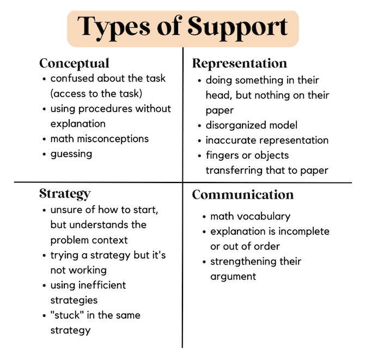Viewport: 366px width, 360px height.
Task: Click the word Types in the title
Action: pos(114,28)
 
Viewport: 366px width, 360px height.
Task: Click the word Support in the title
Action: pos(237,28)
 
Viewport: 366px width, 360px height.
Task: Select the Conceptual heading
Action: pos(74,64)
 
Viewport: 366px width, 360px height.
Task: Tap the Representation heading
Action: pos(240,63)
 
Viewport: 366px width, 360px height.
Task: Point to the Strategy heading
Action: pos(65,194)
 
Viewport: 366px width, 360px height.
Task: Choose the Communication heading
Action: pos(243,195)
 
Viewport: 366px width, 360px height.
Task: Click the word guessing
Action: pos(71,154)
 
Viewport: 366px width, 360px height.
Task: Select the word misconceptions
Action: pos(113,139)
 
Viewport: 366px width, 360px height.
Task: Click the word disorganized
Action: pos(236,125)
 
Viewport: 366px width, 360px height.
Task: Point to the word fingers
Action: pos(222,155)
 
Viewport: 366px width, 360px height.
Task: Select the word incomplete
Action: pos(304,232)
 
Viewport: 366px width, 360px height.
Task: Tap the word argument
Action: pos(233,277)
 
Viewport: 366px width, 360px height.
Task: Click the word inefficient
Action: pos(102,285)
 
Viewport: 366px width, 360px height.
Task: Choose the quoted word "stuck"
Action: pos(67,315)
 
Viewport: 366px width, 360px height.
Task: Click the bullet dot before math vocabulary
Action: pos(204,217)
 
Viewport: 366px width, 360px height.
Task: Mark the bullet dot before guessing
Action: pos(44,154)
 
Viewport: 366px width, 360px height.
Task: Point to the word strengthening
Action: pos(243,262)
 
